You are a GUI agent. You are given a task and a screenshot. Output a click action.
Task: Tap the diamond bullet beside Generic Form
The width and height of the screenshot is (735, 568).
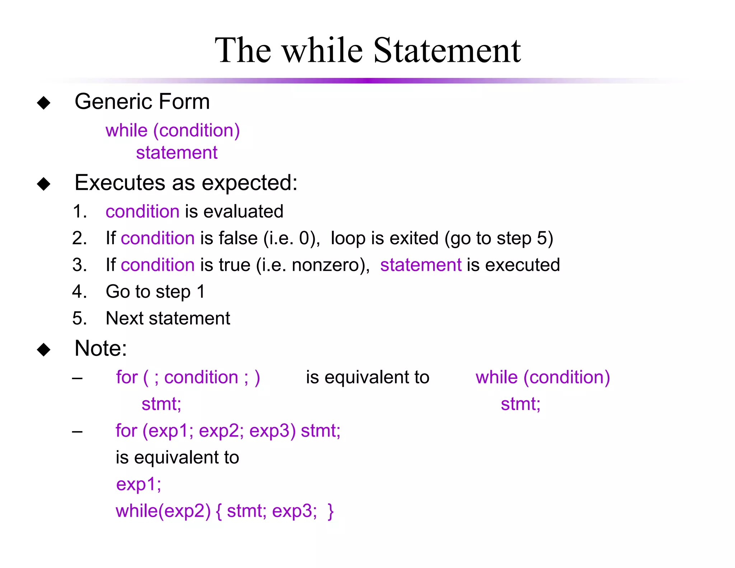pyautogui.click(x=44, y=103)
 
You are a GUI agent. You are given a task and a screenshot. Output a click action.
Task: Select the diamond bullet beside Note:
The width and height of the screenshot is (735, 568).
pyautogui.click(x=44, y=349)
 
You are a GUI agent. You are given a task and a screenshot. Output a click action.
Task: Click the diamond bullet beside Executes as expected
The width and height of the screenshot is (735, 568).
pyautogui.click(x=44, y=184)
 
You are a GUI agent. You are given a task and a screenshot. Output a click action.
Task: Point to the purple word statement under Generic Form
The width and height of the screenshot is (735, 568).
pyautogui.click(x=177, y=153)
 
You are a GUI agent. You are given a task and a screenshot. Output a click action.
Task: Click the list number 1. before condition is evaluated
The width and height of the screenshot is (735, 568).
pyautogui.click(x=79, y=211)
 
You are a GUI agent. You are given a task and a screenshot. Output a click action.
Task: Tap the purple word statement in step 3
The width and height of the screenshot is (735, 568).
pyautogui.click(x=421, y=265)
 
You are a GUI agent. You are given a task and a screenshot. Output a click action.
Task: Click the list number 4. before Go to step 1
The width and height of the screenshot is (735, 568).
pyautogui.click(x=79, y=292)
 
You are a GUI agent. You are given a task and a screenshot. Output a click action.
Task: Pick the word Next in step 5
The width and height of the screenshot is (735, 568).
pyautogui.click(x=125, y=318)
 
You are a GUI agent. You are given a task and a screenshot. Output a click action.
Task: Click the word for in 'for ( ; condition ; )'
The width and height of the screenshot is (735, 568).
pyautogui.click(x=127, y=377)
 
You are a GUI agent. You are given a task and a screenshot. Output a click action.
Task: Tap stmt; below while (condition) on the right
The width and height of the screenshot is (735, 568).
pyautogui.click(x=520, y=404)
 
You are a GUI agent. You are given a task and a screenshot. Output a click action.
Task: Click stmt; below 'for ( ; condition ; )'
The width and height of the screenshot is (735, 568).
pyautogui.click(x=161, y=404)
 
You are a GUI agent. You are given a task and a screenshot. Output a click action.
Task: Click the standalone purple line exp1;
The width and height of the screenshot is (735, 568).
pyautogui.click(x=139, y=484)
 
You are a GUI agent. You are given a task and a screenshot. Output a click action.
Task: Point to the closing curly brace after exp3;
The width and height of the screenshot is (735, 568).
pyautogui.click(x=331, y=511)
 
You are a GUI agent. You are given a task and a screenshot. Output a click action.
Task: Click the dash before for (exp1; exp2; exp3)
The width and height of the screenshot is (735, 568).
pyautogui.click(x=77, y=431)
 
